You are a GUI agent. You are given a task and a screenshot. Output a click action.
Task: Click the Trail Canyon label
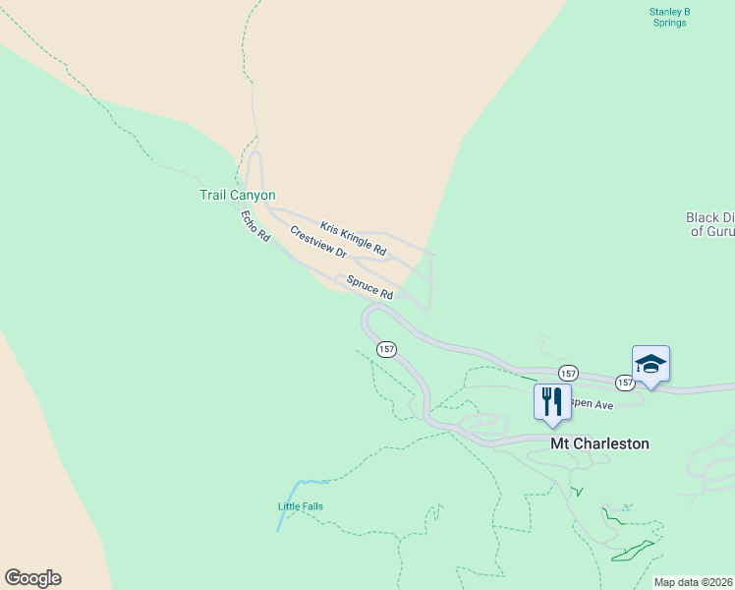238,196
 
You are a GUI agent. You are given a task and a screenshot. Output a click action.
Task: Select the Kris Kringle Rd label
353,239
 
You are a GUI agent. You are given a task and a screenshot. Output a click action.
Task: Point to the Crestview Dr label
318,242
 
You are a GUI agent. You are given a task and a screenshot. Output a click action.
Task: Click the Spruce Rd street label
370,288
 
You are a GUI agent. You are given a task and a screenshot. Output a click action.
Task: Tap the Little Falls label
300,506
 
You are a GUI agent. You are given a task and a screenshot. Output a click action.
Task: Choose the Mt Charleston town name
599,443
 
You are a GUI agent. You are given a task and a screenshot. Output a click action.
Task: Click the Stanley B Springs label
670,17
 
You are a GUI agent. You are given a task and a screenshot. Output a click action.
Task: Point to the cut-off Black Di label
709,218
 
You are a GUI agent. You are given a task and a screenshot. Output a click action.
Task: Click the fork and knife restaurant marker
552,401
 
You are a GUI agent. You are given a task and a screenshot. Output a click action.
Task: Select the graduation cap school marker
650,364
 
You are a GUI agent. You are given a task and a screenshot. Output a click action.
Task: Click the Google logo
32,578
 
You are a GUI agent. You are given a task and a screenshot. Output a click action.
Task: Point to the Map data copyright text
694,582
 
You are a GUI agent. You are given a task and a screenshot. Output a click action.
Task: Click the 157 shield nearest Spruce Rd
386,349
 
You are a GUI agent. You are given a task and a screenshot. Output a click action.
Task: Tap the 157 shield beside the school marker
626,382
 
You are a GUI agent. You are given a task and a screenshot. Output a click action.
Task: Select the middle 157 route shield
568,373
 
